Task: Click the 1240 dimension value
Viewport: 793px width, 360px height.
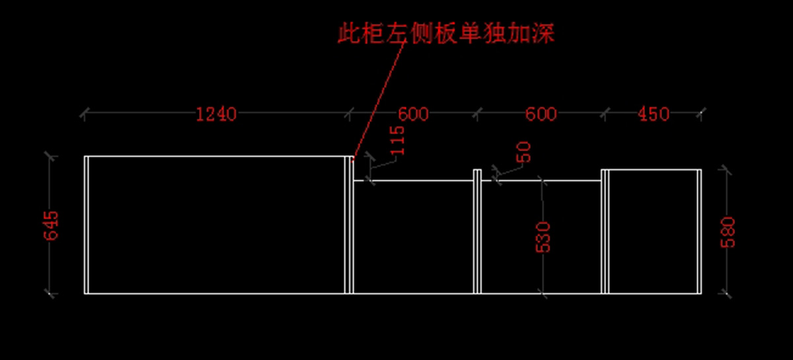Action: click(x=216, y=114)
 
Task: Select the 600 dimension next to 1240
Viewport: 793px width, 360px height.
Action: click(x=414, y=114)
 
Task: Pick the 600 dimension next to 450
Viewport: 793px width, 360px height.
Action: click(x=541, y=114)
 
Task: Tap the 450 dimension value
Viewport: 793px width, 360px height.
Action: click(x=654, y=114)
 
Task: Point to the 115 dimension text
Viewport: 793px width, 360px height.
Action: click(x=398, y=141)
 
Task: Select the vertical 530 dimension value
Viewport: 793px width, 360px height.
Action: click(x=543, y=236)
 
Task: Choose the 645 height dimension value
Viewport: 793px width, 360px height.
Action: click(x=52, y=226)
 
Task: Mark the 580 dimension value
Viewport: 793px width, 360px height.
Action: click(x=728, y=232)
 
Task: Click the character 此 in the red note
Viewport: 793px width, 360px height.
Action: click(x=348, y=32)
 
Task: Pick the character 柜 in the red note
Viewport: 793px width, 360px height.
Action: click(x=373, y=32)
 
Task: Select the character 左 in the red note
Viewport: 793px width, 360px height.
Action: click(x=397, y=32)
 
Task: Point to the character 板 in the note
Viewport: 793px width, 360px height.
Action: click(x=446, y=32)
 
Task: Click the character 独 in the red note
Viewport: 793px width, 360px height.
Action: click(x=495, y=32)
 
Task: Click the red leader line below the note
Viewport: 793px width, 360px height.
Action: click(x=378, y=99)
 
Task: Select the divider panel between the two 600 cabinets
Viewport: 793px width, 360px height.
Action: click(x=477, y=231)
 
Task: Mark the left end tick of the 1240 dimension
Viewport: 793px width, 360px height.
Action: click(x=84, y=114)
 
